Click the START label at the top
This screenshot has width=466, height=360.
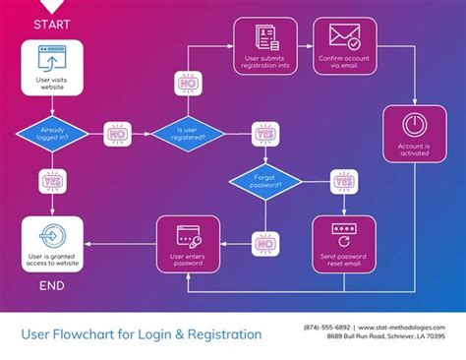coord(51,24)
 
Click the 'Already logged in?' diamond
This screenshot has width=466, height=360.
coord(52,133)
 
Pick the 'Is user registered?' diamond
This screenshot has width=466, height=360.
coord(187,133)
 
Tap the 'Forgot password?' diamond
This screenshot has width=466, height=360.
coord(265,182)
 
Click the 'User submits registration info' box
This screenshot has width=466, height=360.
coord(265,48)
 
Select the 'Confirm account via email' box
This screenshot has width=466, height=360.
coord(344,48)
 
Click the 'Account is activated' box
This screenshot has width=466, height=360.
coord(415,135)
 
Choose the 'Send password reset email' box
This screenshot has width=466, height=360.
coord(344,246)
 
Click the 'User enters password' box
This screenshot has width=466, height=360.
coord(187,246)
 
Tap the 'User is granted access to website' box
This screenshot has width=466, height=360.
coord(52,246)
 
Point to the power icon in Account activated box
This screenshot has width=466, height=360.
coord(415,126)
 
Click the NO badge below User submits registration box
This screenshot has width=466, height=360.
coord(187,85)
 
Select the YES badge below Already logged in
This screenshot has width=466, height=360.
coord(52,181)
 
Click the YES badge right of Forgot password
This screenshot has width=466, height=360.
coord(344,182)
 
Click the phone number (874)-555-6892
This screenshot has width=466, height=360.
coord(326,327)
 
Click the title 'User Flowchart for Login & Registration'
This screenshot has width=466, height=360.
coord(142,334)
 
